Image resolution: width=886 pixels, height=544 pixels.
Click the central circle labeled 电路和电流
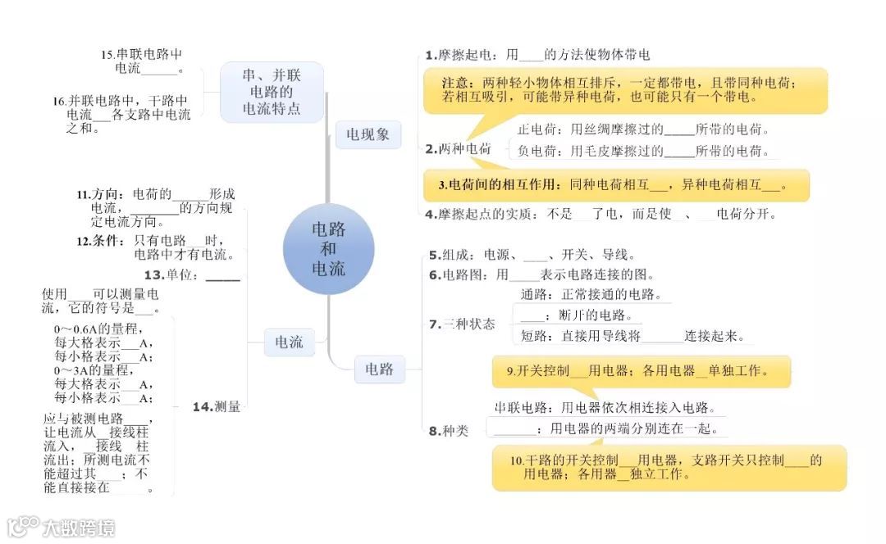328,249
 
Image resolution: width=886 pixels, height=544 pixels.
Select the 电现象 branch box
368,135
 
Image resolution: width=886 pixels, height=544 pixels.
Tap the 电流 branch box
289,342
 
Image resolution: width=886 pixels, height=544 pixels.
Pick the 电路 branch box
379,369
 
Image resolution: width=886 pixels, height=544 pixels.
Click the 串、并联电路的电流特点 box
272,92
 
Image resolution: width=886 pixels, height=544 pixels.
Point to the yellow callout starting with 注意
624,90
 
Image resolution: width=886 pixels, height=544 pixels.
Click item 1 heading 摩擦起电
459,55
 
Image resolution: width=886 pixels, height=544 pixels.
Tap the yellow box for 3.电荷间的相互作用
615,185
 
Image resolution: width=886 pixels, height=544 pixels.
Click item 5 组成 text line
532,254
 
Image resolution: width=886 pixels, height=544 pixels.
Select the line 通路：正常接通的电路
591,294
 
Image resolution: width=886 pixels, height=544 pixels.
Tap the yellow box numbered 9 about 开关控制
640,371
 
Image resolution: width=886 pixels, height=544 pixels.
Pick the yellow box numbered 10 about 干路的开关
668,467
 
